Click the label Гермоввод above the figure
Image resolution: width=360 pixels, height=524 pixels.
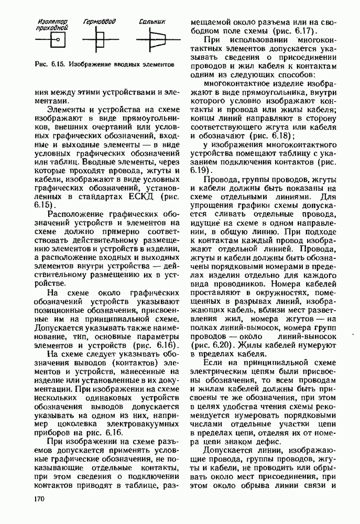point(99,22)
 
